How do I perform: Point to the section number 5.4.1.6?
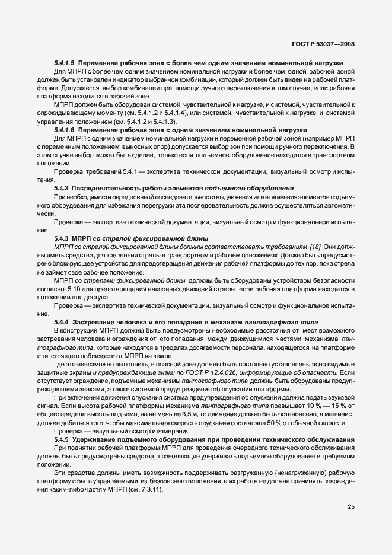click(65, 129)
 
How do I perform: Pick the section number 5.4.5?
click(62, 439)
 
